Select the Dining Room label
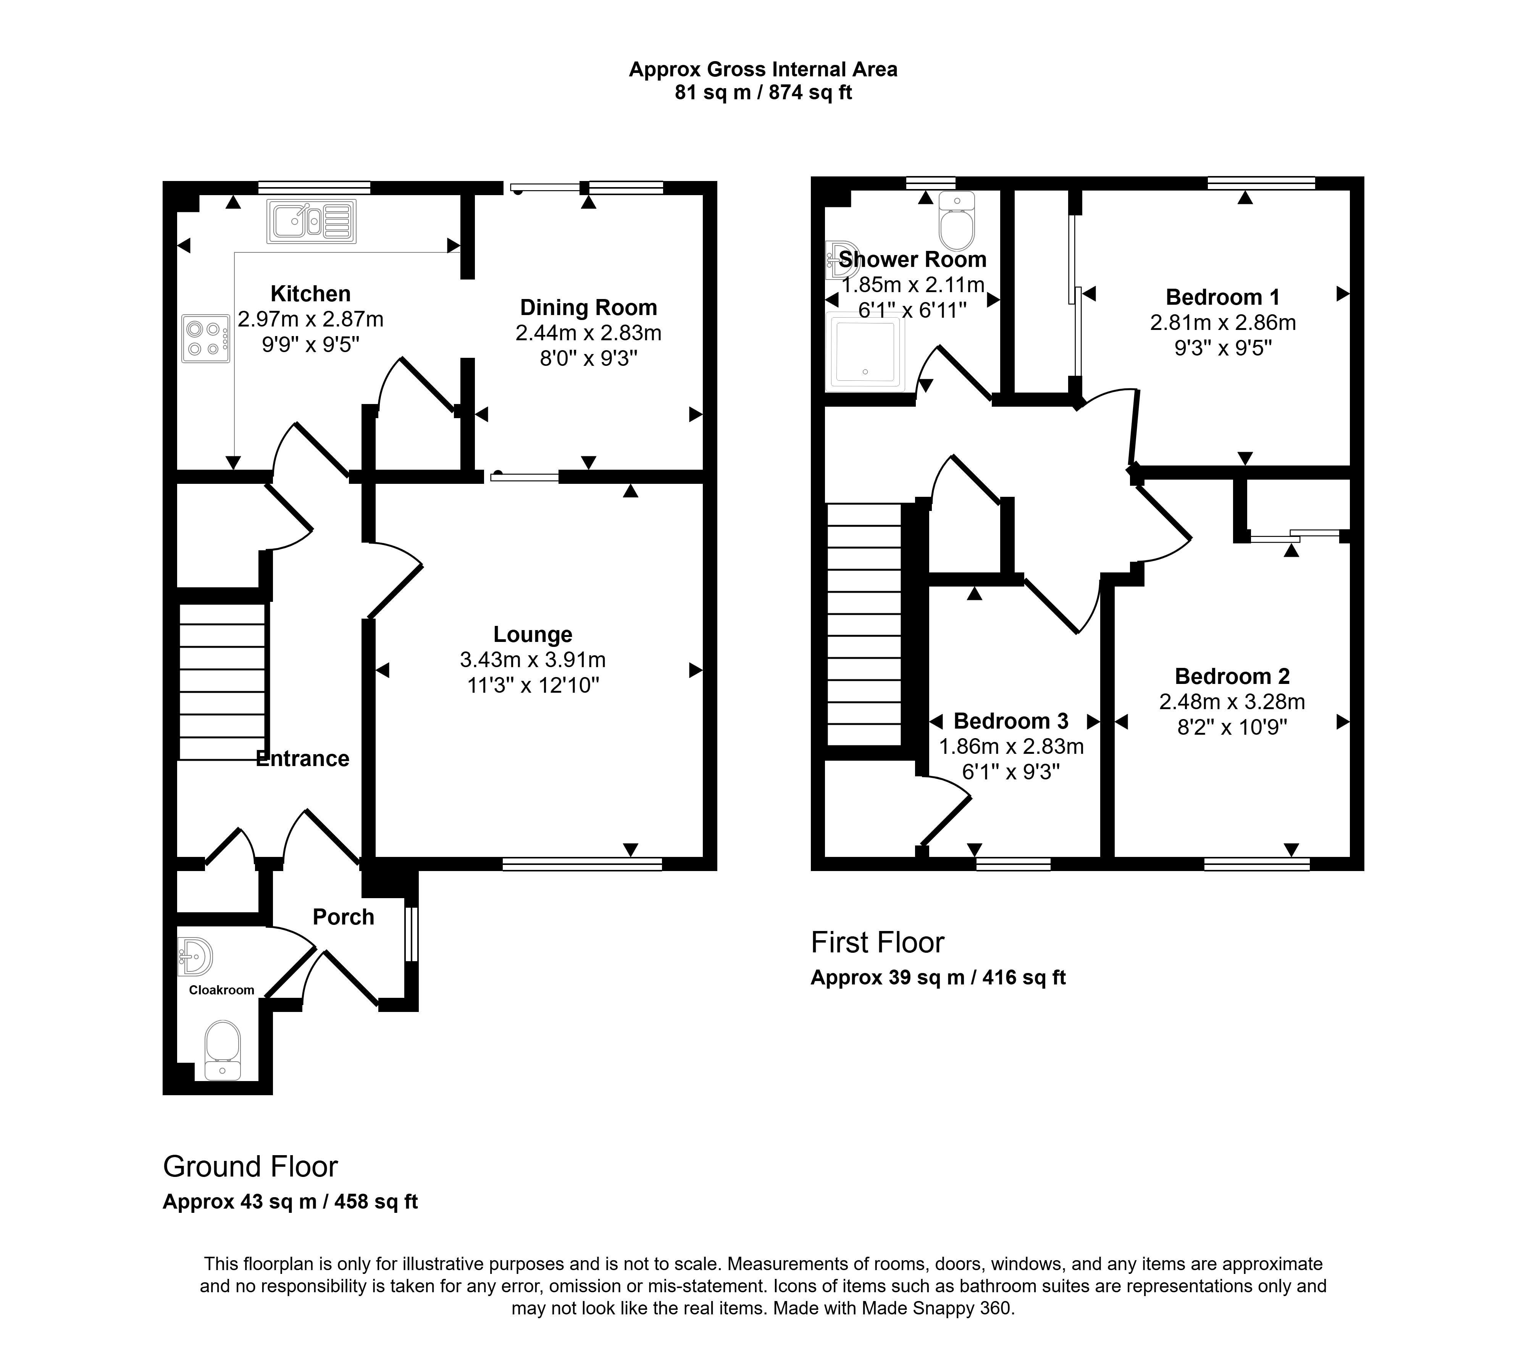pyautogui.click(x=589, y=308)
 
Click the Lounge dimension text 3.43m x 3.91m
pyautogui.click(x=533, y=660)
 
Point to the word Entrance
pyautogui.click(x=303, y=759)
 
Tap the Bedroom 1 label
pyautogui.click(x=1223, y=297)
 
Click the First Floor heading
pyautogui.click(x=878, y=943)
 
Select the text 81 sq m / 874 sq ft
pyautogui.click(x=763, y=93)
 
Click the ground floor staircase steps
pyautogui.click(x=223, y=682)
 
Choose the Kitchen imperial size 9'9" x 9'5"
pyautogui.click(x=311, y=344)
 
